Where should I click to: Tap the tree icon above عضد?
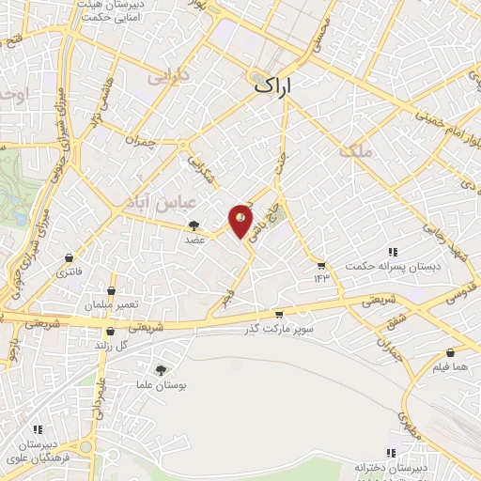coord(194,225)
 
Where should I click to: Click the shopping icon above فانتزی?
coord(69,258)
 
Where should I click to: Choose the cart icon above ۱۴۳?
coord(321,265)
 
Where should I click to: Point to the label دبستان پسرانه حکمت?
coord(380,264)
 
